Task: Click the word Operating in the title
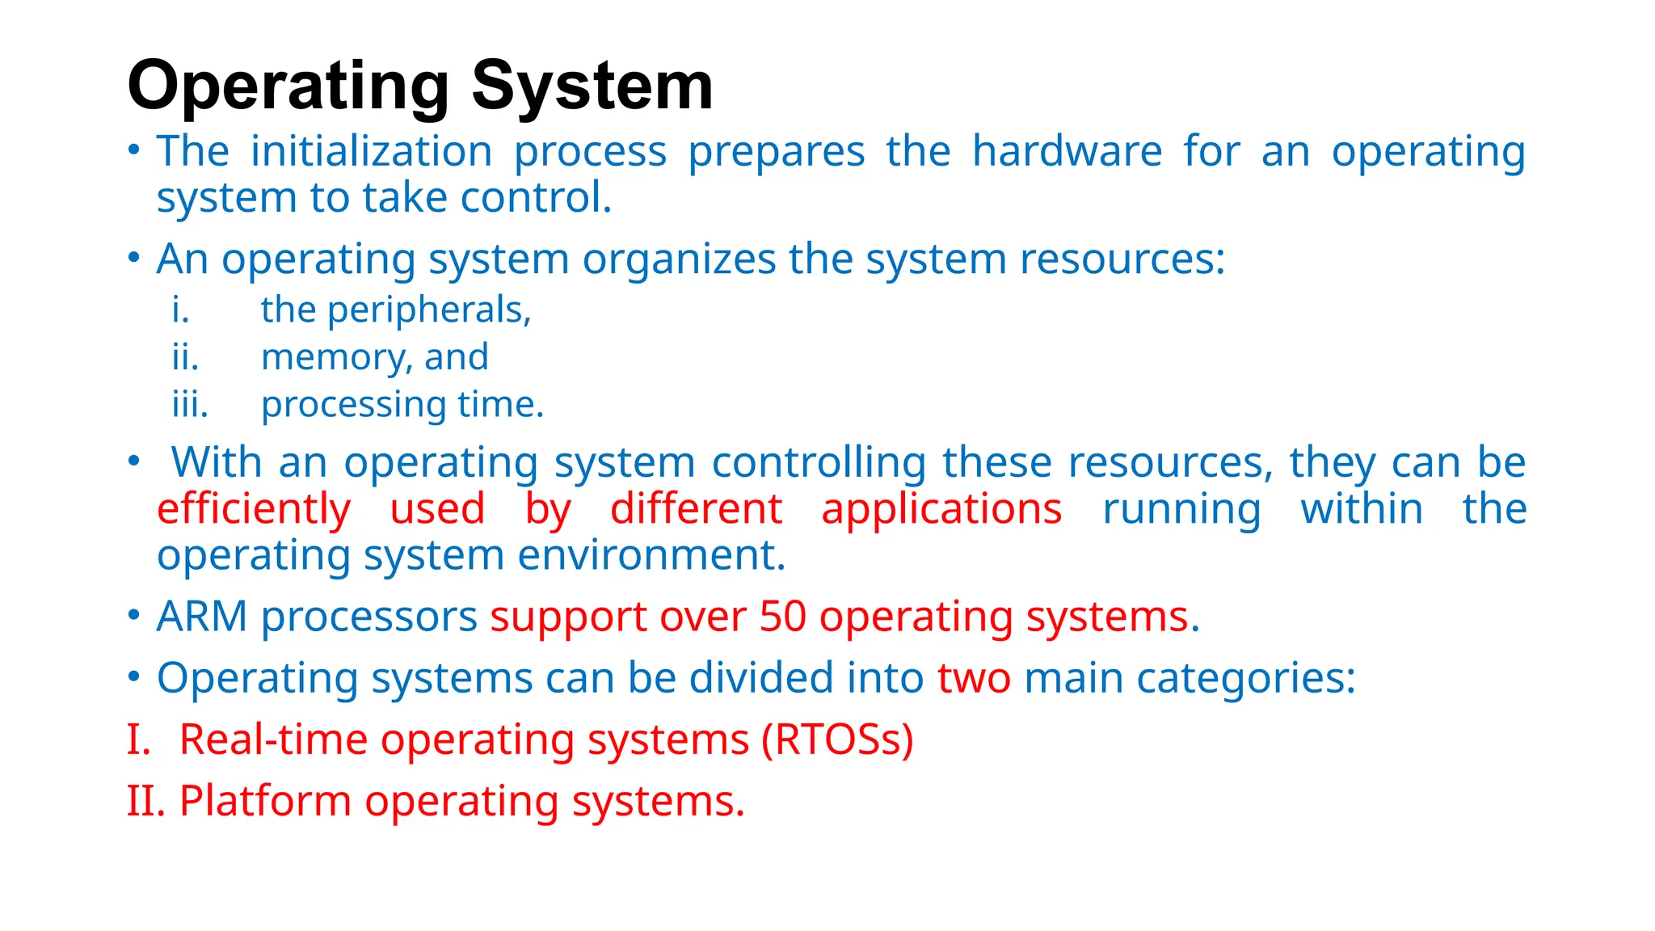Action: tap(288, 86)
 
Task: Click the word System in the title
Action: tap(592, 86)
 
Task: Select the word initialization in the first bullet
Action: tap(371, 151)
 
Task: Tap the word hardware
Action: tap(1067, 151)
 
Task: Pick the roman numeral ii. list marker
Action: tap(185, 357)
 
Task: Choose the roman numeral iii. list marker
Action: tap(190, 404)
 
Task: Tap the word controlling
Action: tap(819, 463)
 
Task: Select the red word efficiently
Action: tap(254, 510)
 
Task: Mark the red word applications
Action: tap(941, 510)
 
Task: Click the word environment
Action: tap(651, 556)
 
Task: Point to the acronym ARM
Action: tap(202, 617)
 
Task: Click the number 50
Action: tap(782, 617)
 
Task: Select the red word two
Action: tap(974, 678)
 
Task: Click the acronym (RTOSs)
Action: tap(837, 740)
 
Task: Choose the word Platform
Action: tap(265, 802)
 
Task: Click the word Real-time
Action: tap(273, 740)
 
